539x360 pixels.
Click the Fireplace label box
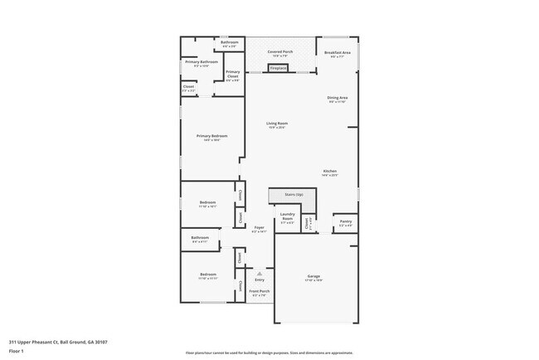click(x=279, y=68)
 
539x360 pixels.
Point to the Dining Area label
click(x=337, y=100)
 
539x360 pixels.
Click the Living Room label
click(x=276, y=125)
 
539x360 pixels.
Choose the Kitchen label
click(x=330, y=173)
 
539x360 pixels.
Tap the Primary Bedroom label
click(x=211, y=137)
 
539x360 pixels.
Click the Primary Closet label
click(x=233, y=75)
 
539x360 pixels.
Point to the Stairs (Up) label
click(x=294, y=194)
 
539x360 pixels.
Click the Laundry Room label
click(x=288, y=218)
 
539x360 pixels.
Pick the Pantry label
click(x=344, y=223)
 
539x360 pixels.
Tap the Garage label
click(x=314, y=278)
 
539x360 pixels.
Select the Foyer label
click(x=259, y=228)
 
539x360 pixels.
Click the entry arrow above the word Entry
click(x=260, y=271)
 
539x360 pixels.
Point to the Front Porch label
click(x=260, y=292)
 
